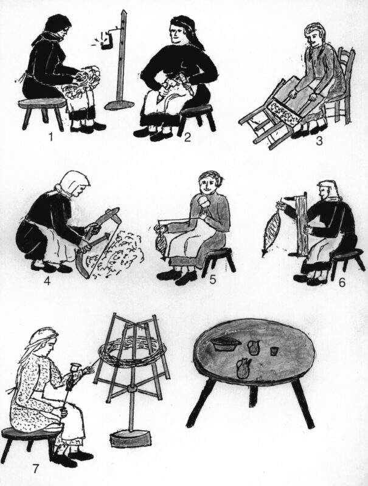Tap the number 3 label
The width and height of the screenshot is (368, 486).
[x=319, y=141]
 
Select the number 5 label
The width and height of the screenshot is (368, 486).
[x=213, y=279]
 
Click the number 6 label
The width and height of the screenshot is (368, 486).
[x=342, y=282]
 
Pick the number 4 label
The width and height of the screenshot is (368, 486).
[x=47, y=281]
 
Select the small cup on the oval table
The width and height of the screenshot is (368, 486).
[x=274, y=351]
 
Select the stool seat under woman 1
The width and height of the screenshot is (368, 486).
[x=42, y=103]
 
